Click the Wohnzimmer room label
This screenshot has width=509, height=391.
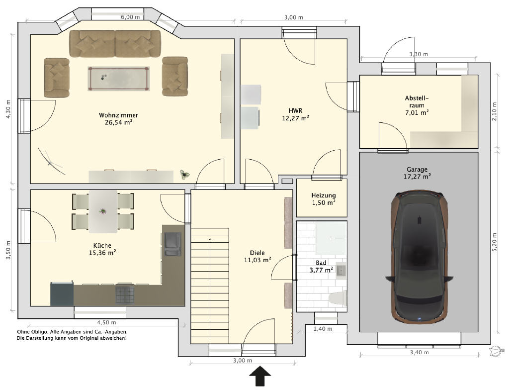[118, 115]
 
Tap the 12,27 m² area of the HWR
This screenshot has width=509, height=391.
[295, 118]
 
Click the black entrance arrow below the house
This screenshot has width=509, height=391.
[260, 376]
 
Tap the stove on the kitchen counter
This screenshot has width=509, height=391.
[125, 293]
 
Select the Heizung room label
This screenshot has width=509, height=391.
[323, 195]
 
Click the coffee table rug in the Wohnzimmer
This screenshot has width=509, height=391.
[118, 79]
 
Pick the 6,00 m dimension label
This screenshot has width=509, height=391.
[131, 17]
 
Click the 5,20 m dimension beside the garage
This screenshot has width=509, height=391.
[495, 242]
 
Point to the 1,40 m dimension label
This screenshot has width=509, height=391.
[323, 329]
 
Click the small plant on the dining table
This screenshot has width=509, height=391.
[103, 211]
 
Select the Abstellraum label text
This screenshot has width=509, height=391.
[417, 101]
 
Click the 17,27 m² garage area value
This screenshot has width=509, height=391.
[417, 177]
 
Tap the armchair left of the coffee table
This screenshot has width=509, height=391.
[57, 78]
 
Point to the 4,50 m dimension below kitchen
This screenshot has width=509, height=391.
[106, 322]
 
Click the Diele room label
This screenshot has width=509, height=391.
[257, 253]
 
